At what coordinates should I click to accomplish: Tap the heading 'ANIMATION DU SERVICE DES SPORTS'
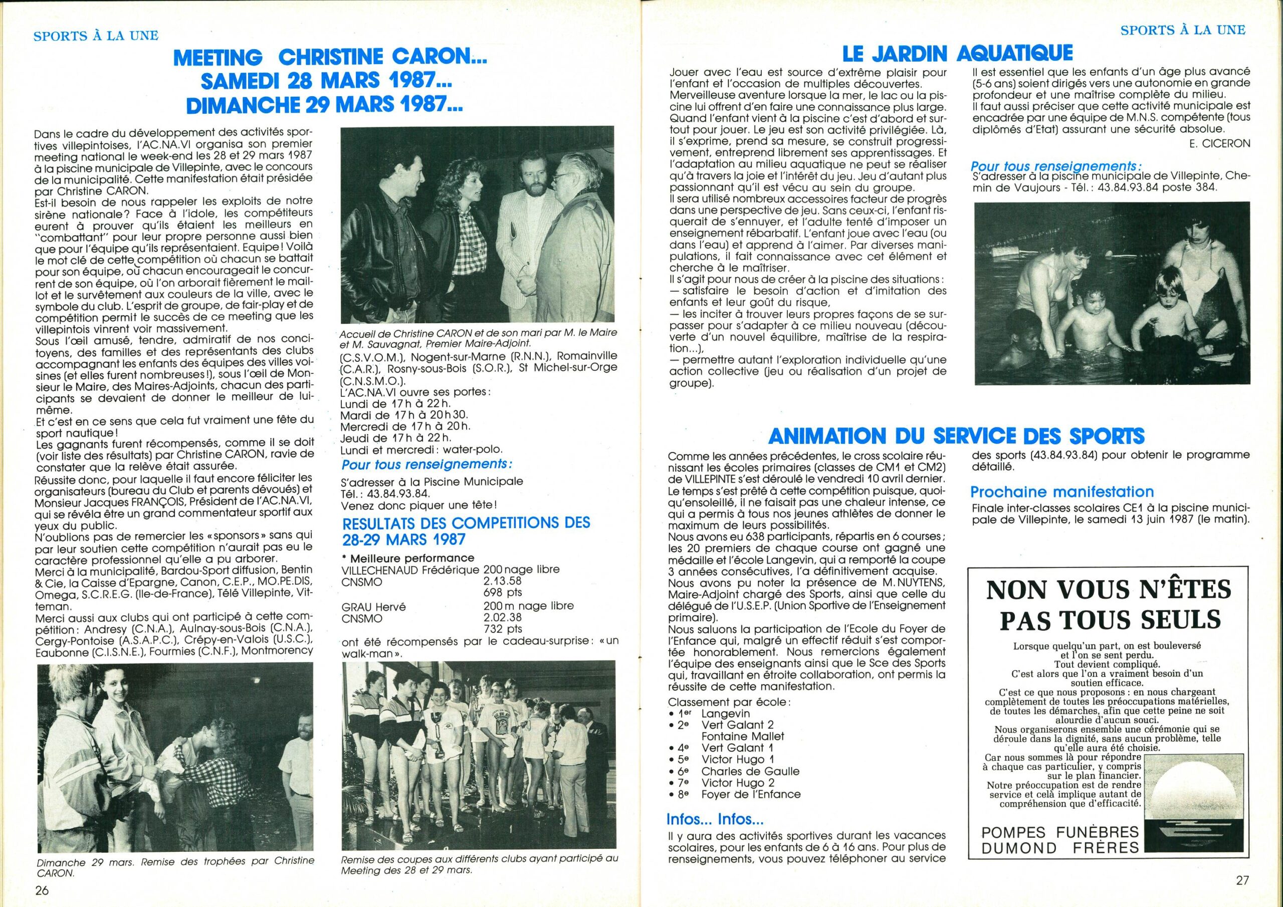point(956,435)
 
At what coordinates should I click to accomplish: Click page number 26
point(43,889)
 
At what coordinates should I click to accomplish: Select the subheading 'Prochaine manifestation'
point(1061,492)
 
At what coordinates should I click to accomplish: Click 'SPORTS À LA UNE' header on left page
point(96,36)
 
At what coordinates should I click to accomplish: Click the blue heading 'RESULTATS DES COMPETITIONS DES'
point(466,523)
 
